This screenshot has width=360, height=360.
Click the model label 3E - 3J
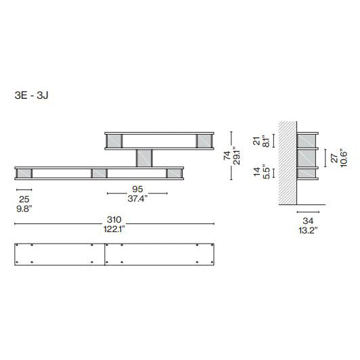[x=31, y=95]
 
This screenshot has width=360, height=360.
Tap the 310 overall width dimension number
[x=114, y=220]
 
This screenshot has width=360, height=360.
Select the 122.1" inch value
[x=114, y=229]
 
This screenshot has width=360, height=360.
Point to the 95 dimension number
[x=137, y=189]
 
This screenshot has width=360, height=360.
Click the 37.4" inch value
[x=137, y=198]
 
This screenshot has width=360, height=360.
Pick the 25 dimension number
[x=24, y=199]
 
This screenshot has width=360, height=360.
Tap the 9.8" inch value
[x=24, y=208]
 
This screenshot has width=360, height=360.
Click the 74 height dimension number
[x=227, y=156]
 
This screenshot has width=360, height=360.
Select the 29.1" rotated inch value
[x=236, y=156]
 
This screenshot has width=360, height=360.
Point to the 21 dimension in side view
[x=256, y=141]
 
